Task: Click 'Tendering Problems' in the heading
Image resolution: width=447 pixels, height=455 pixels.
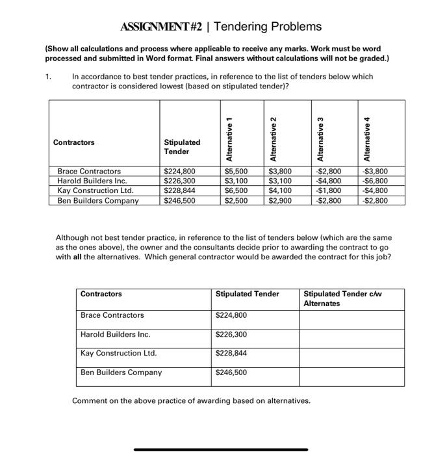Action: tap(268, 27)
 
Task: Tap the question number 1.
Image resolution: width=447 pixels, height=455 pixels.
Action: tap(48, 76)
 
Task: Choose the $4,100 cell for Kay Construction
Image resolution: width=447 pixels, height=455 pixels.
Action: tap(281, 191)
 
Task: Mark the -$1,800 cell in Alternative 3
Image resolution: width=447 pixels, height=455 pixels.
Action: tap(328, 191)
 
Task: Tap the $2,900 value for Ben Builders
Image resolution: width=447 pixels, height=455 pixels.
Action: tap(281, 201)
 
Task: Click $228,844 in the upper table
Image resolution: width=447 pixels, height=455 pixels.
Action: tap(179, 191)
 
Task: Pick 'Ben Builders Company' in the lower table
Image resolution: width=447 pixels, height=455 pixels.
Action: tap(121, 372)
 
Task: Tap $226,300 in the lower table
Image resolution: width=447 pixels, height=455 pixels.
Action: tap(231, 335)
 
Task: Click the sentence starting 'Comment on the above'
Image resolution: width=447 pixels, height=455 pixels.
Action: tap(191, 400)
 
